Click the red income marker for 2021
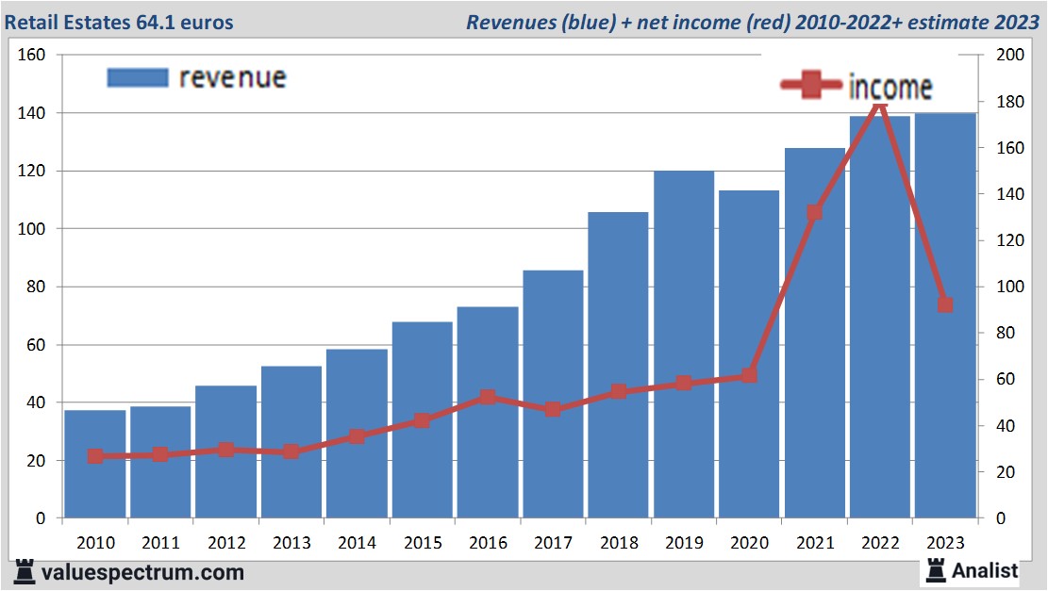click(x=815, y=213)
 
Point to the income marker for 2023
click(x=945, y=304)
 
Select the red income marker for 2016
click(x=488, y=397)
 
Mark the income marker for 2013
click(x=291, y=451)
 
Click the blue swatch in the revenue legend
click(x=138, y=77)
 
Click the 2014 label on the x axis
click(x=357, y=543)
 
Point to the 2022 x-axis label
click(x=880, y=543)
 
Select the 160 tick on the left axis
click(x=32, y=55)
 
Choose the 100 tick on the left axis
click(x=32, y=229)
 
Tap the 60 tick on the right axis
click(x=1006, y=379)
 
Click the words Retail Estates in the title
click(x=68, y=21)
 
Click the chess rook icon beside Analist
click(x=935, y=569)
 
